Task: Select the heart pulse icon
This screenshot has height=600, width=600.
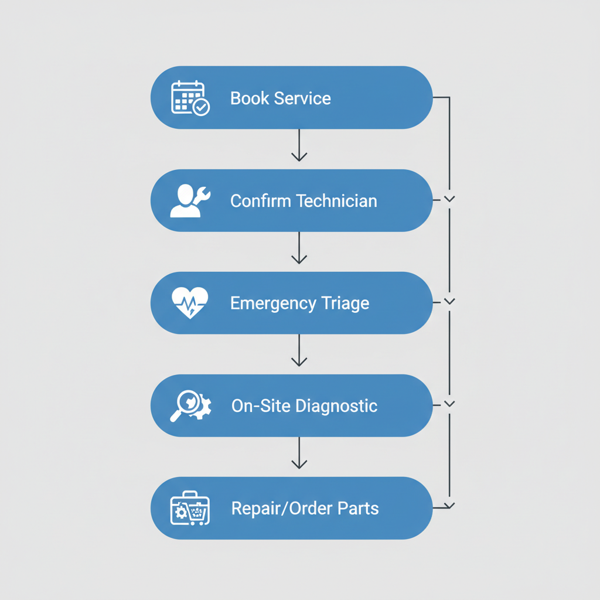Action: tap(190, 303)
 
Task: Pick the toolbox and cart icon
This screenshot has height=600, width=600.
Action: tap(190, 508)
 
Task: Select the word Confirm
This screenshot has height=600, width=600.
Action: tap(261, 201)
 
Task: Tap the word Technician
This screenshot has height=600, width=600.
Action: tap(336, 201)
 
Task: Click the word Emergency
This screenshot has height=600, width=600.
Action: tap(273, 304)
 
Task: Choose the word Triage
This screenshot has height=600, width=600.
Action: tap(345, 304)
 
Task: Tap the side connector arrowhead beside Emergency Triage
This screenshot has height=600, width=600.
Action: tap(449, 302)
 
